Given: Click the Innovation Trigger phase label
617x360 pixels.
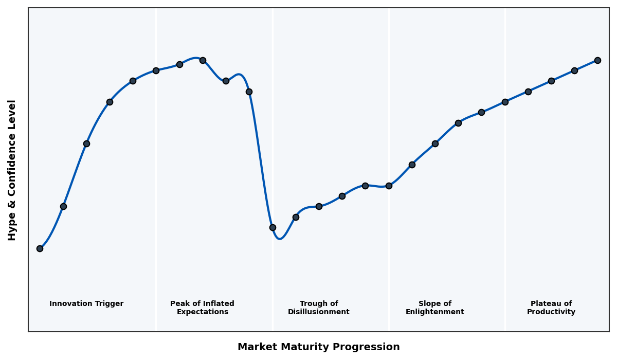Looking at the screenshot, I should (x=86, y=304).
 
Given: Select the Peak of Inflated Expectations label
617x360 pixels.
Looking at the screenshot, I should (x=202, y=308).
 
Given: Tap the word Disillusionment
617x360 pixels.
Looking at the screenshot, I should (x=318, y=312).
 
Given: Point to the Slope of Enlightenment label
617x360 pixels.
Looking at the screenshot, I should (x=434, y=308).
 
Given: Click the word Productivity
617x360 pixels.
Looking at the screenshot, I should (x=551, y=312).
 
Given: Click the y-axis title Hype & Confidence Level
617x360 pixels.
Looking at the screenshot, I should (x=12, y=170).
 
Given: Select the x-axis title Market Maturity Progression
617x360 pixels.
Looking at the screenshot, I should (x=318, y=347).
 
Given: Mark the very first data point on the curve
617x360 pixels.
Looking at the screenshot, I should (x=40, y=248).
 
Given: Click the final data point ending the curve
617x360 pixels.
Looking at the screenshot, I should (x=597, y=60).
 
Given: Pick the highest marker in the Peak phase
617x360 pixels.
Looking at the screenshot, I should (x=203, y=60).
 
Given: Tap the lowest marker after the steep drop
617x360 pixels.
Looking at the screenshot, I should (x=273, y=227).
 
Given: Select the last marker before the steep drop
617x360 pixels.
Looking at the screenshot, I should (x=249, y=92).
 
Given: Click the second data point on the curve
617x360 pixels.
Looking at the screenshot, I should (x=63, y=206).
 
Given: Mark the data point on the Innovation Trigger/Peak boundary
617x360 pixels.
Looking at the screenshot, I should (x=156, y=70).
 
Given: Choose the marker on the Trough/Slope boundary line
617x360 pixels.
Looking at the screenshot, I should (x=389, y=186).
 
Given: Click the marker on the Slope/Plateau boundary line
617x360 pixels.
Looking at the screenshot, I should (x=505, y=102).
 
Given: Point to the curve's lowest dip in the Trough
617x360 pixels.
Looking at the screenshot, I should (x=279, y=239).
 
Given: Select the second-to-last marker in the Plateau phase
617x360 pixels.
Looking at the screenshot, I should (x=574, y=70).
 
